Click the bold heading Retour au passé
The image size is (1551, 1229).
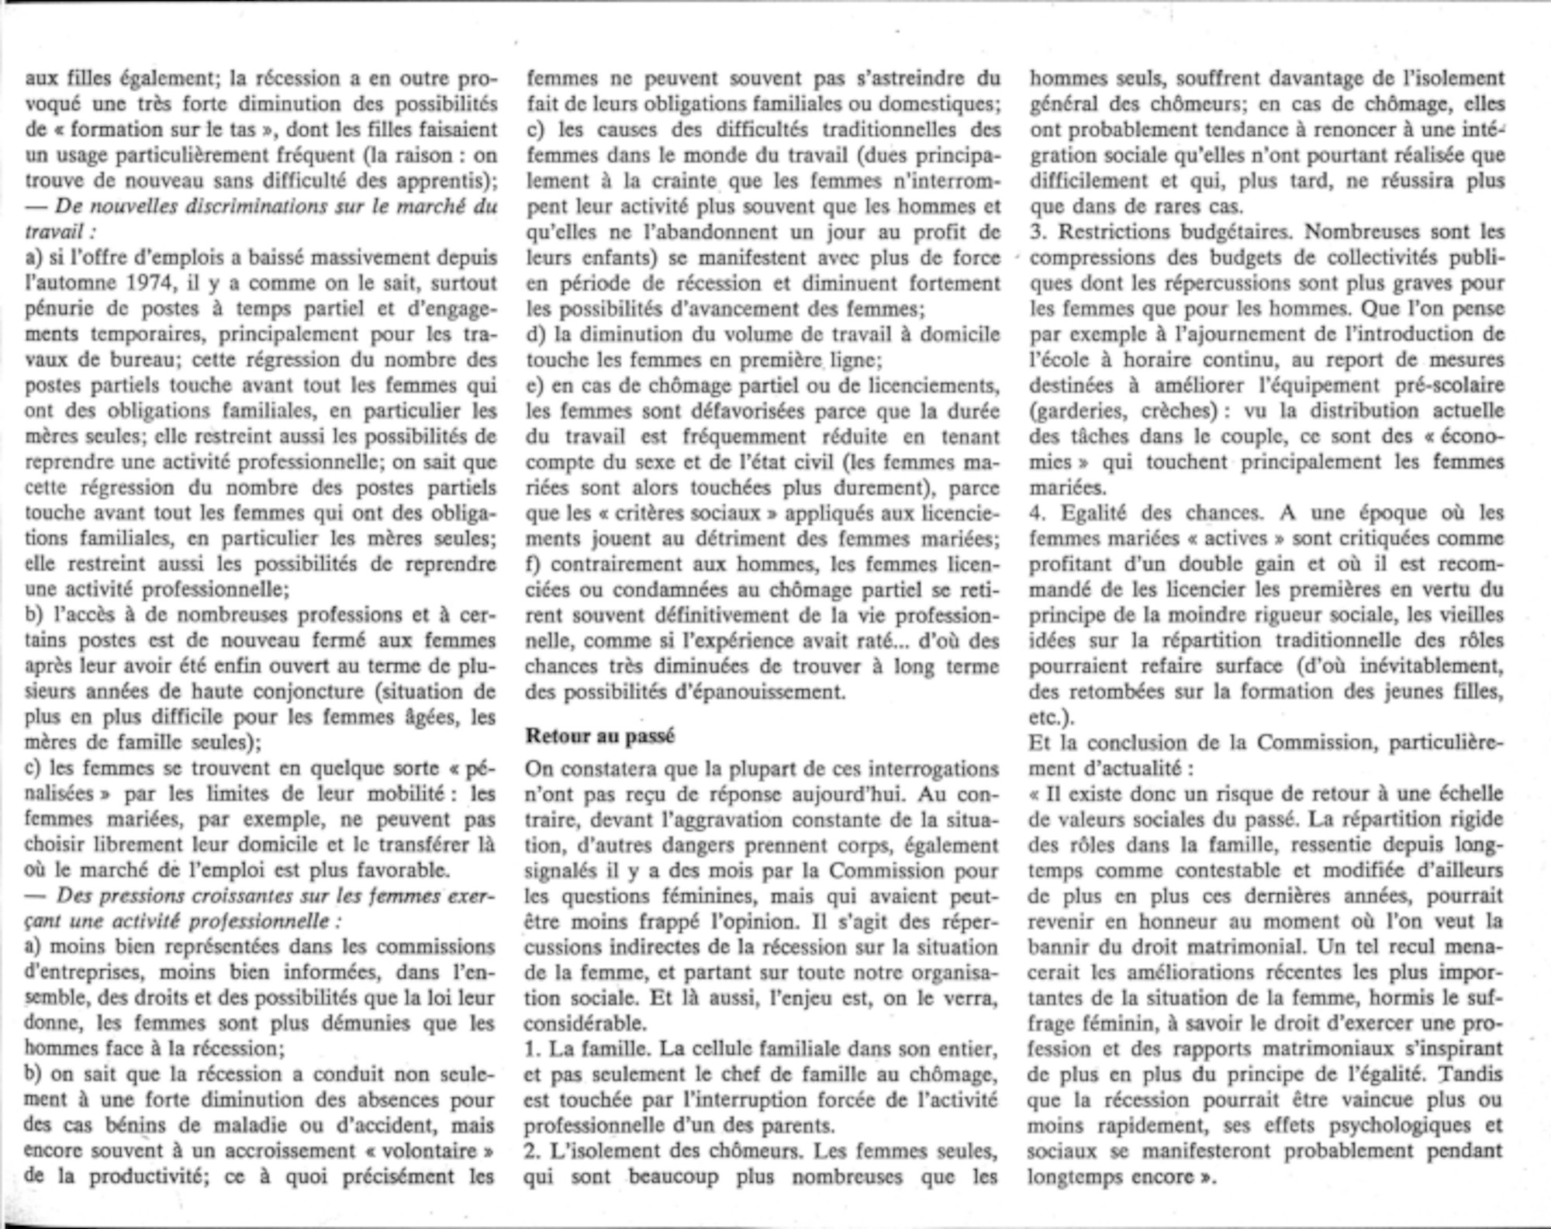click(600, 736)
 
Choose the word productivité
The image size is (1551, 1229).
click(147, 1176)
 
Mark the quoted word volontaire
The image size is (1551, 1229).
click(439, 1151)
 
